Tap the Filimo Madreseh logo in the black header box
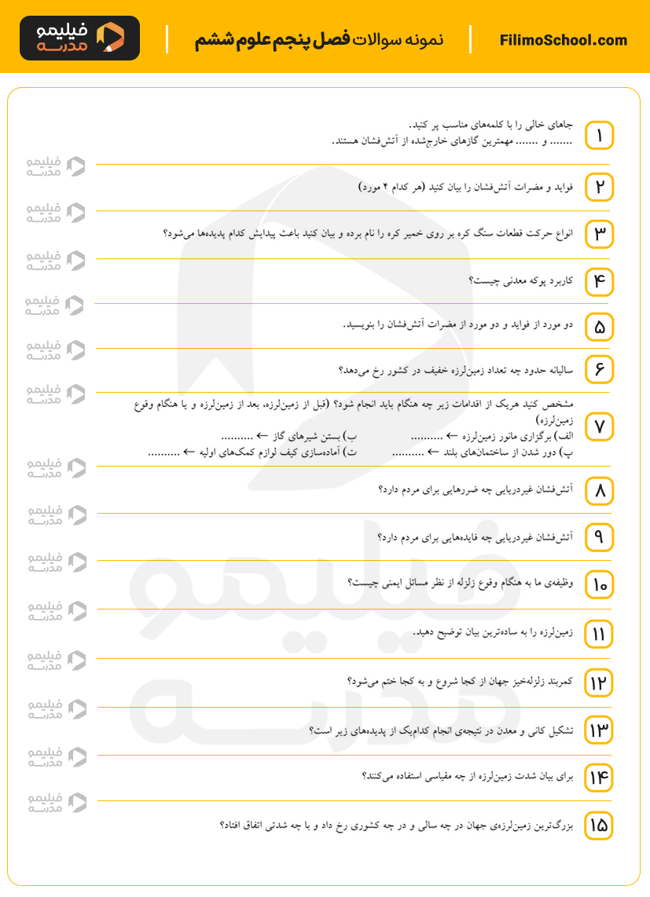click(x=79, y=38)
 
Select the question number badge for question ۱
click(x=599, y=136)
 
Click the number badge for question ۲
click(x=599, y=187)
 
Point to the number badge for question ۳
click(x=599, y=234)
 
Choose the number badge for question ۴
click(x=599, y=281)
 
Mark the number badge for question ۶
click(x=599, y=368)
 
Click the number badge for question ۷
click(x=599, y=427)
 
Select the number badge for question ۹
click(x=599, y=537)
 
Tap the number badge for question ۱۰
click(x=599, y=584)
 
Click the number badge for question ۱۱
click(x=599, y=634)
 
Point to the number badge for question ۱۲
click(x=599, y=683)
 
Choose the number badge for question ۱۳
click(x=599, y=731)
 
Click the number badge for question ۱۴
click(x=599, y=778)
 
